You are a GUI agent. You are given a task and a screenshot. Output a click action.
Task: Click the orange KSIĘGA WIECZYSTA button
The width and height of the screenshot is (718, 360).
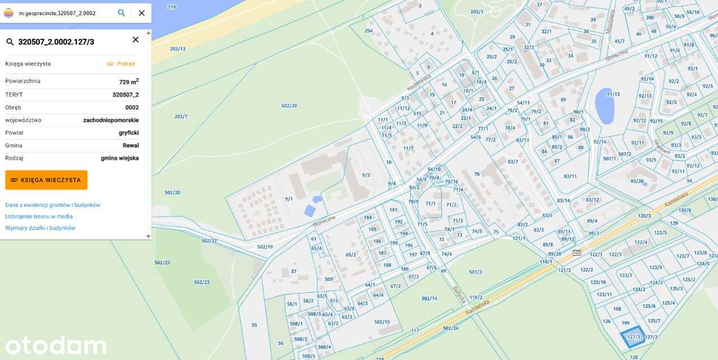point(46,180)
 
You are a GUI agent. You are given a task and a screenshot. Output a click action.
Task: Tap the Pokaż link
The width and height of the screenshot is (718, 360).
point(121,64)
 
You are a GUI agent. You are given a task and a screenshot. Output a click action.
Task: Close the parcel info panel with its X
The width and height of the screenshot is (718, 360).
point(135,40)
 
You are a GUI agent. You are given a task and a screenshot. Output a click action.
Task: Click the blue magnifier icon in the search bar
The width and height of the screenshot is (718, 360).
point(121,13)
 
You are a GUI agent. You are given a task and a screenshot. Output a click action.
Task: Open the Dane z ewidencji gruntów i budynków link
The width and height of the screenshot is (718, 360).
point(53,205)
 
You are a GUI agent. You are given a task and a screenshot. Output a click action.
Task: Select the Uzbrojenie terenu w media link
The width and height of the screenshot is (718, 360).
point(39,216)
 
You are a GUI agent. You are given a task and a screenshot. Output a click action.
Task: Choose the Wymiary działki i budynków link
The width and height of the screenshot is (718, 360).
point(40,228)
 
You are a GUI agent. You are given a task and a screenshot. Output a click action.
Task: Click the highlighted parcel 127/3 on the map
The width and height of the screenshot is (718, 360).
point(633,336)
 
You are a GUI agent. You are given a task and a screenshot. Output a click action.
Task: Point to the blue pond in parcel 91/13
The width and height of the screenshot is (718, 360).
point(605,106)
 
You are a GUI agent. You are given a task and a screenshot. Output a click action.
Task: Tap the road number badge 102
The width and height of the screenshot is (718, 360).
point(577,252)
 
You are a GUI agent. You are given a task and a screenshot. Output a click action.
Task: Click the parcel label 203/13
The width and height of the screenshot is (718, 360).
point(177,49)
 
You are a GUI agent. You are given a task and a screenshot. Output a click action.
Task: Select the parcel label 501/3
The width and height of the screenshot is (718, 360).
point(475,272)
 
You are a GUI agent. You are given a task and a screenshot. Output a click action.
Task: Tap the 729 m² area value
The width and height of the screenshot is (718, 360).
point(128,82)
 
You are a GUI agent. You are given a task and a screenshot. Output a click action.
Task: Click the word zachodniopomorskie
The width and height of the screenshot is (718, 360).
point(111,120)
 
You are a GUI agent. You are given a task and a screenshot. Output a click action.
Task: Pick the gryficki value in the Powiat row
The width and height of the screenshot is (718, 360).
point(128,133)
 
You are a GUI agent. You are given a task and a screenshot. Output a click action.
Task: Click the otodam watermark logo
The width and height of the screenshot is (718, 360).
point(56,345)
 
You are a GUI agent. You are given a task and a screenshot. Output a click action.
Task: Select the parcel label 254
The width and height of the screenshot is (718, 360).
point(369,31)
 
